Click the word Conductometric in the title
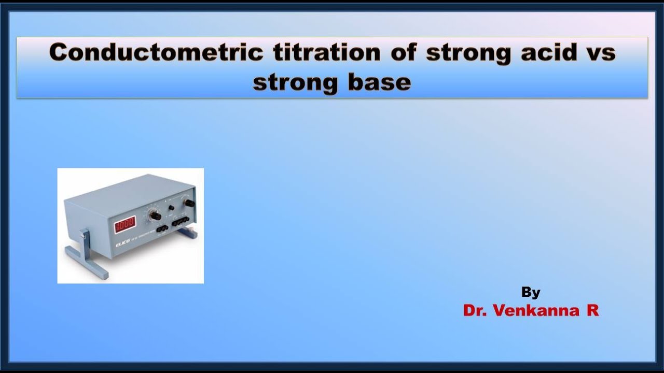[x=156, y=53]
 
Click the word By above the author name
[x=531, y=293]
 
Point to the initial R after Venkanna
[x=593, y=310]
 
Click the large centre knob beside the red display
[x=154, y=215]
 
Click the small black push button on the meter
[x=171, y=208]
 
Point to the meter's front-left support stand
[x=86, y=254]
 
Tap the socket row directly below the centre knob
[x=161, y=228]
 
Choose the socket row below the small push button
[x=181, y=221]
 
